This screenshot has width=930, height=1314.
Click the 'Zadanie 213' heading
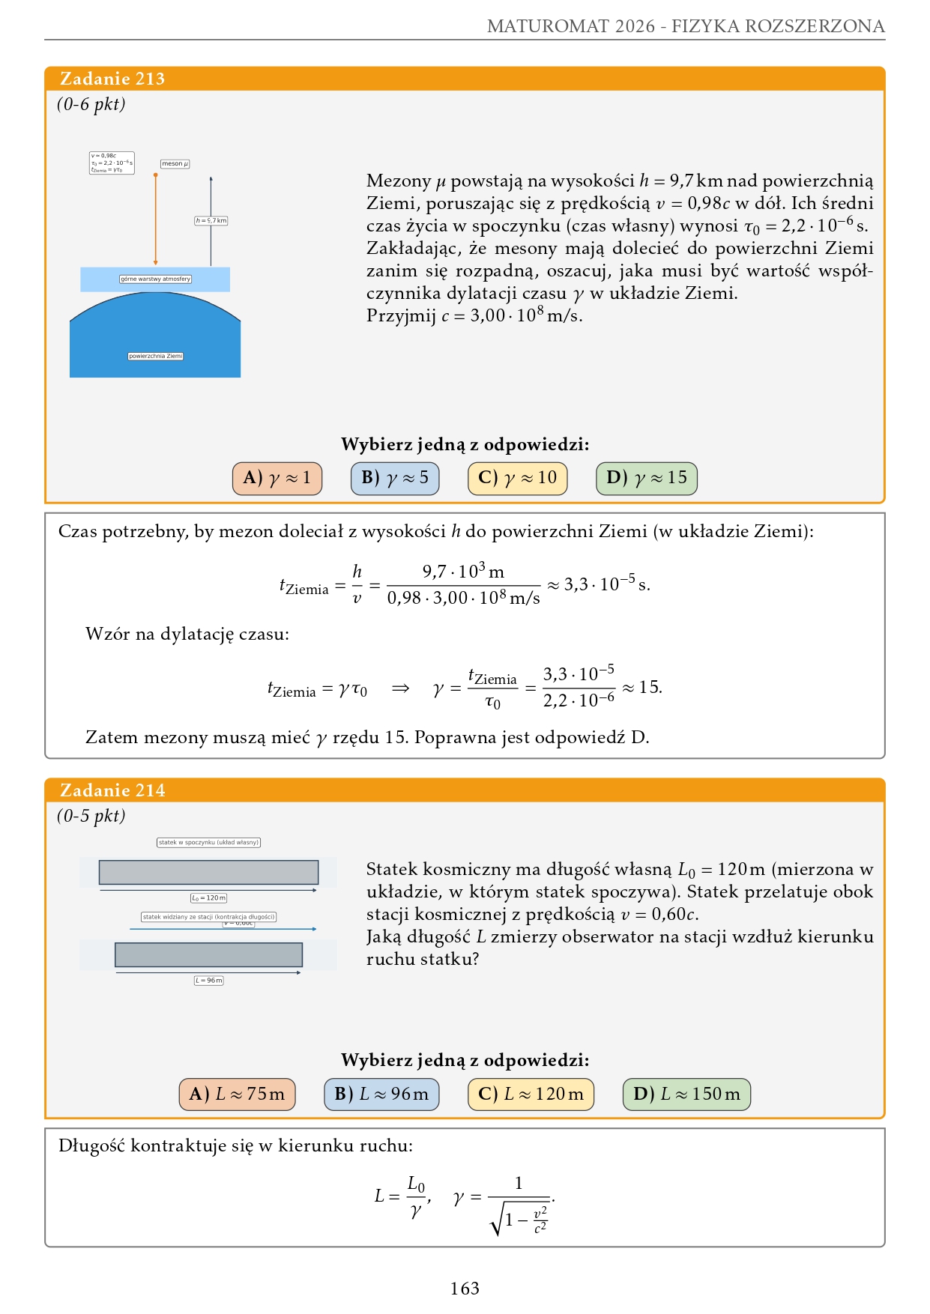click(x=112, y=79)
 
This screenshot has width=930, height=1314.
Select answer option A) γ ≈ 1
click(x=277, y=478)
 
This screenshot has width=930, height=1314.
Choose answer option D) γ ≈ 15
click(x=647, y=478)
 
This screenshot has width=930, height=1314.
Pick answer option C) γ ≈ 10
click(x=517, y=478)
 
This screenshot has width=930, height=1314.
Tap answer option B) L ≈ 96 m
click(x=381, y=1094)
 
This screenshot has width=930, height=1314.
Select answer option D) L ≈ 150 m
click(x=686, y=1094)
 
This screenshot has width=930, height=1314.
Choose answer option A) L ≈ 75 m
click(x=237, y=1094)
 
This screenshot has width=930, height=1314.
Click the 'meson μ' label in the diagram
click(x=175, y=163)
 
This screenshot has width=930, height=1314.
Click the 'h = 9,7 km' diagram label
click(x=211, y=221)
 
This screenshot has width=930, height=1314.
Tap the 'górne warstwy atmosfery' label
click(x=155, y=279)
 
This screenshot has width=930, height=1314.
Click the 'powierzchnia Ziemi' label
click(x=155, y=356)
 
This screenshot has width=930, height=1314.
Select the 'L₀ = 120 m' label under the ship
click(x=208, y=897)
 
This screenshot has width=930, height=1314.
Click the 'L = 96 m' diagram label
click(x=208, y=980)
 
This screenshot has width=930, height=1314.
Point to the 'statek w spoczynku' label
click(x=208, y=842)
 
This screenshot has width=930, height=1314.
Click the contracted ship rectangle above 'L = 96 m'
click(x=208, y=954)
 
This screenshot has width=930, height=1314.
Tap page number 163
click(x=465, y=1288)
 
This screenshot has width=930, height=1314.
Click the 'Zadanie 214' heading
click(x=112, y=790)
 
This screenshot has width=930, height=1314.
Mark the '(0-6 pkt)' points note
click(x=91, y=104)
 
